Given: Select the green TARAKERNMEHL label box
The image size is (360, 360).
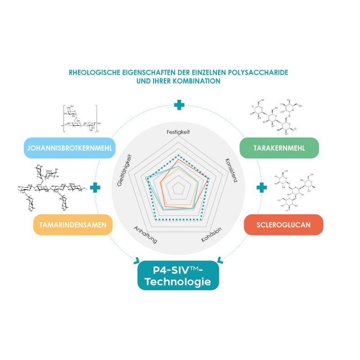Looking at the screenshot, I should coord(279,148).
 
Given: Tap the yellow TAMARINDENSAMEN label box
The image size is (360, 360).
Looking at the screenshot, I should coord(72,225).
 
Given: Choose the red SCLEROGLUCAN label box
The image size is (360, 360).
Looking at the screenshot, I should coord(278,225).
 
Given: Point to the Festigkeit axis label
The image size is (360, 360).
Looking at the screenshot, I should coord(178,133).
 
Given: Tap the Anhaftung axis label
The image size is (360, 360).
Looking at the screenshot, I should coord(146,234).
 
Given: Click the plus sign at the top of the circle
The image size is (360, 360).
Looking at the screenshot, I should coord(179,105).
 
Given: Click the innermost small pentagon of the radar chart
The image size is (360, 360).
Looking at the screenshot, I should coord(179,189).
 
